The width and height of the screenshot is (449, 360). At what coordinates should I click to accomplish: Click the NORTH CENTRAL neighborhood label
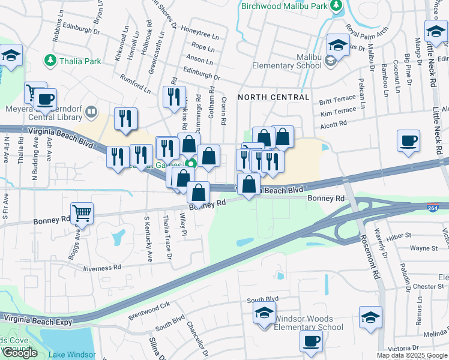tap(274, 97)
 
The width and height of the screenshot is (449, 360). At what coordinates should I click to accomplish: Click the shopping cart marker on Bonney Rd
tap(82, 212)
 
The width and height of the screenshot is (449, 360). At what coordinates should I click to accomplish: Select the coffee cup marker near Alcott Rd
tap(408, 141)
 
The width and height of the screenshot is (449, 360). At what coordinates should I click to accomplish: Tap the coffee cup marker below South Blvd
tap(311, 341)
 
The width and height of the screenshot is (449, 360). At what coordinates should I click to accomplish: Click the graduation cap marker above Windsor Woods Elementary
tap(264, 313)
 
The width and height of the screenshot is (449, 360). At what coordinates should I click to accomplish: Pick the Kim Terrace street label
tap(338, 112)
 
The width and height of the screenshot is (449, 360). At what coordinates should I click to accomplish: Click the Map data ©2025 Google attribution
tap(412, 355)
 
